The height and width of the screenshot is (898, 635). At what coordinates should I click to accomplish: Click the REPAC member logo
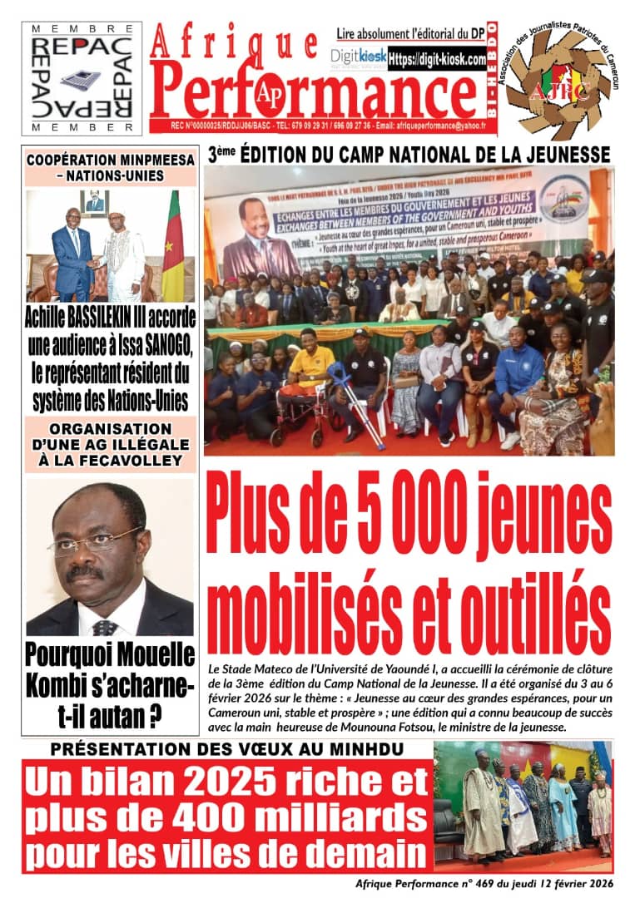(x=81, y=77)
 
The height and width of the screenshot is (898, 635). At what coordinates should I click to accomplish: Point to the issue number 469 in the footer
(x=475, y=883)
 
